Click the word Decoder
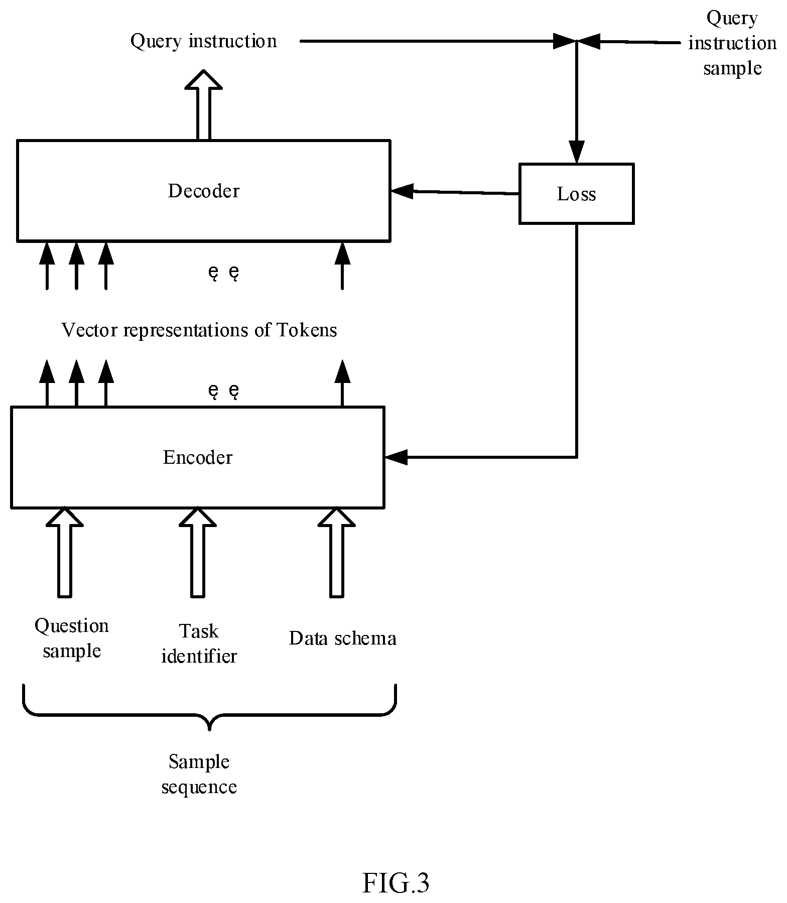(203, 191)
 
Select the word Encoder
(198, 457)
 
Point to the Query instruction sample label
(732, 43)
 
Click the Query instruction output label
(203, 41)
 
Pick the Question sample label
(72, 638)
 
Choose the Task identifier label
(199, 643)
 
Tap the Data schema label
(343, 638)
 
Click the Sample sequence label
(199, 774)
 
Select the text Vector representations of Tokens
(199, 330)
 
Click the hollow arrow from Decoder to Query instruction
(203, 104)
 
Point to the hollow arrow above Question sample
(65, 552)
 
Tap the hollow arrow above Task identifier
(198, 552)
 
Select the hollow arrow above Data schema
(336, 552)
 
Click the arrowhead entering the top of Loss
(576, 152)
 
